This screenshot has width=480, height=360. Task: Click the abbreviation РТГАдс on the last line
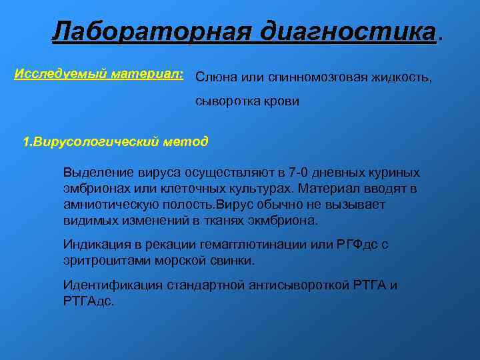point(89,301)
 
